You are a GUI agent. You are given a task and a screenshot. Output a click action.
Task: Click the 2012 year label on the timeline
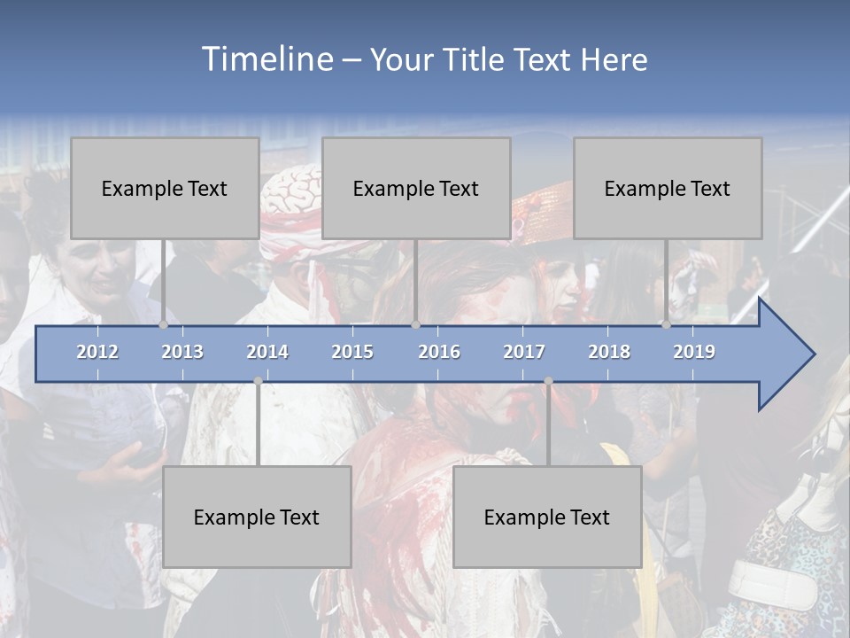click(97, 352)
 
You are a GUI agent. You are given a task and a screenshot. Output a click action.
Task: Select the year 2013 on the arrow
click(182, 352)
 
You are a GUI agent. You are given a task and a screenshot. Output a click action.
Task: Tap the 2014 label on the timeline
click(267, 352)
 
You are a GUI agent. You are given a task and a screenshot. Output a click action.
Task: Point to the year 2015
click(352, 352)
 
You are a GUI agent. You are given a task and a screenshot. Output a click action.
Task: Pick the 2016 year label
click(439, 352)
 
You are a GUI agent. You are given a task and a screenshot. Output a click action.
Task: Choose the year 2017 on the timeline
click(524, 352)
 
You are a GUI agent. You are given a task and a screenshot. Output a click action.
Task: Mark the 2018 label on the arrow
click(609, 352)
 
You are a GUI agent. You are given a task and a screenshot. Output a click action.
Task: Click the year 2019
click(694, 352)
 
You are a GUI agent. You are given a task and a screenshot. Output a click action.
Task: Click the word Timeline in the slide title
click(266, 58)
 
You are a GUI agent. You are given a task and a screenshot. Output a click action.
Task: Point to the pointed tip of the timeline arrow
click(813, 354)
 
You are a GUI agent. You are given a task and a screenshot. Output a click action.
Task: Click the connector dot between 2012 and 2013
click(164, 325)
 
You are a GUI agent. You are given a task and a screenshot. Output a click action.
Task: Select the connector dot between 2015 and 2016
click(415, 325)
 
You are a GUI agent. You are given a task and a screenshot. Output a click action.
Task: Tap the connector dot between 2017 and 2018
click(548, 381)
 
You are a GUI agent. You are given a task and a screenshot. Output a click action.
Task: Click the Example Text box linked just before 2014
click(257, 517)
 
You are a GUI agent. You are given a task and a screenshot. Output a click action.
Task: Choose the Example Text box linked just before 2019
click(668, 188)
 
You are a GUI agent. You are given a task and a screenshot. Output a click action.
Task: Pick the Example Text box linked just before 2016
click(416, 188)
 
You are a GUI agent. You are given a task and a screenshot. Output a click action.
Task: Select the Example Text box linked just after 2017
click(547, 517)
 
